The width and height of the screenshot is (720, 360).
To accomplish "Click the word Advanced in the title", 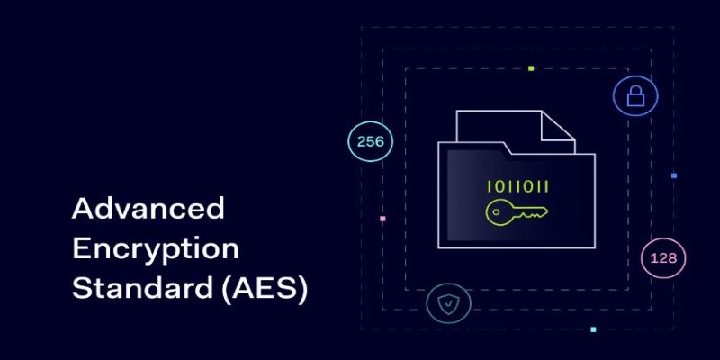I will pyautogui.click(x=148, y=209).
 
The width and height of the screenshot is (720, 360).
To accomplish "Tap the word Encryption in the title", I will pyautogui.click(x=155, y=249).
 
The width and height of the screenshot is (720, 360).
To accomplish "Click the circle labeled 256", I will pyautogui.click(x=370, y=141).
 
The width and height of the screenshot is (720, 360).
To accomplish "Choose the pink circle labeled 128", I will pyautogui.click(x=663, y=258).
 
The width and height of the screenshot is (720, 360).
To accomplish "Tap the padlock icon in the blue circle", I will pyautogui.click(x=635, y=95).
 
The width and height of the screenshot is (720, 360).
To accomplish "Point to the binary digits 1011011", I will pyautogui.click(x=517, y=187).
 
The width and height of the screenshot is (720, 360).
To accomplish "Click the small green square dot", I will pyautogui.click(x=531, y=68).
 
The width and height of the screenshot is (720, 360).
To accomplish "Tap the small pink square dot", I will pyautogui.click(x=382, y=219).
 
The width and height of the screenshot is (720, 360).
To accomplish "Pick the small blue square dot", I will pyautogui.click(x=673, y=175).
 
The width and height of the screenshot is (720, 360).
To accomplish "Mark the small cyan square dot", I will pyautogui.click(x=593, y=329).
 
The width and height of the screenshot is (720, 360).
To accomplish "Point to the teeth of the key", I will pyautogui.click(x=535, y=215).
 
